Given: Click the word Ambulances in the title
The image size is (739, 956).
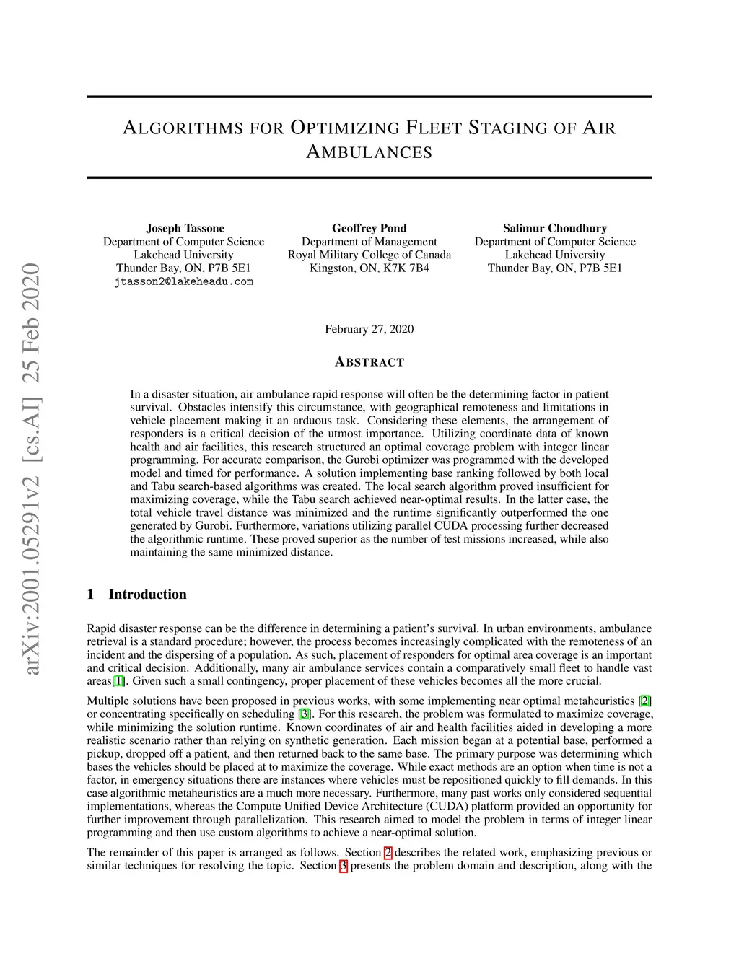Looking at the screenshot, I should point(369,152).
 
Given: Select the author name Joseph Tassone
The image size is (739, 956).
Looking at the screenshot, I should point(185,228).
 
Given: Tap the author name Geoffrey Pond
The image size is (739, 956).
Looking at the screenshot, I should point(369,228).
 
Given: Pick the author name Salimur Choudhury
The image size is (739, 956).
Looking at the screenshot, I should point(554,228).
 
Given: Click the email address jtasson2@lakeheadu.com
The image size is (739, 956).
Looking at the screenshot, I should point(183,281).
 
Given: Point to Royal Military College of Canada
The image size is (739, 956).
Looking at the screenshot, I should point(369,255).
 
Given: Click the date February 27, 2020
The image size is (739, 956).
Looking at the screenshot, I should point(369,329).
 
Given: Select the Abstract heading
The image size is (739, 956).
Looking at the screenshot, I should point(369,362).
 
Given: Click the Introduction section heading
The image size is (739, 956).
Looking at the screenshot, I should point(147,595).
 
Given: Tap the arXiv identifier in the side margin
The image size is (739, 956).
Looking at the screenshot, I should point(31,469).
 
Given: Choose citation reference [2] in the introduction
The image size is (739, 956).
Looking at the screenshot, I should point(645,701).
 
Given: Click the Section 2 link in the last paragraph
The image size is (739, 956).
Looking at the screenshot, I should point(388,852).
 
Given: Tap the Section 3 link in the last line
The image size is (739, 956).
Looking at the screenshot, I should point(344,865).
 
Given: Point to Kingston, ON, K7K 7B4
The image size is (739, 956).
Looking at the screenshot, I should point(369,268).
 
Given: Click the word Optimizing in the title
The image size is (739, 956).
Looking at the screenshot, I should point(344,128).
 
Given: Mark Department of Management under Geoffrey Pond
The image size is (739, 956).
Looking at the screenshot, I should point(369,242).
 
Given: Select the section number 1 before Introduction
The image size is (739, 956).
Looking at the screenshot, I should point(90,595).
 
